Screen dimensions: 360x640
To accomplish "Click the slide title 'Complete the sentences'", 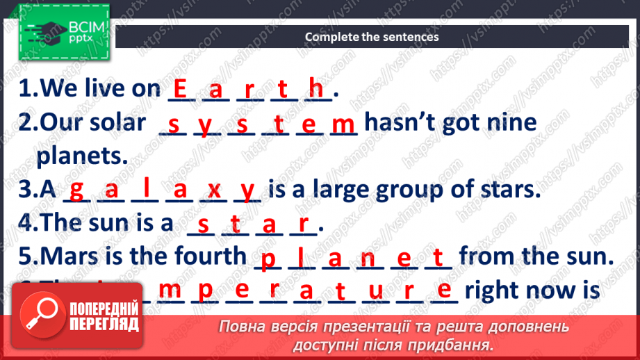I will tap(372, 37).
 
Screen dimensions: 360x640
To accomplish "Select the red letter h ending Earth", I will tap(316, 88).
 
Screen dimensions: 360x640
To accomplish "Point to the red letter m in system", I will tap(343, 124).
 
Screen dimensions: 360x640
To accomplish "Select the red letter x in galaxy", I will tap(214, 190).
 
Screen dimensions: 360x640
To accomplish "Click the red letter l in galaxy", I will tap(147, 188).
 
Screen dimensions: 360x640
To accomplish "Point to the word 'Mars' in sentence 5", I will tap(73, 256).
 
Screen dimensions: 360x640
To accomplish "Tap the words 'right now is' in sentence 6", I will tap(532, 289).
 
